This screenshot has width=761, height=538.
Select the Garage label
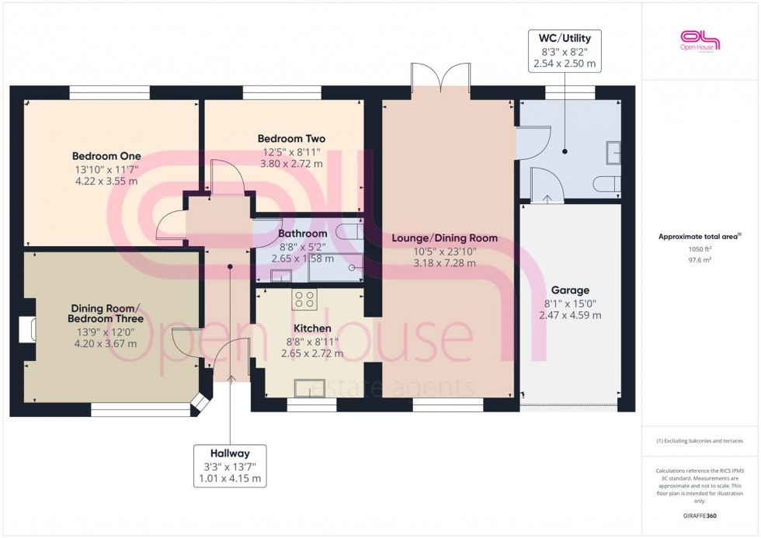point(570,290)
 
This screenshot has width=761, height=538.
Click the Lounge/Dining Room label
point(444,238)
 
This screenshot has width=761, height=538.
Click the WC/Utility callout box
point(564,51)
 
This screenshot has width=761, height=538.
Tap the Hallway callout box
point(230,466)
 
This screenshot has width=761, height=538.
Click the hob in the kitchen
point(304,298)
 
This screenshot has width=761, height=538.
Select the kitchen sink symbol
point(311,385)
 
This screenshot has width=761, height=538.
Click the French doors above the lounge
point(441,78)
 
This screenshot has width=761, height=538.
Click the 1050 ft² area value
point(700,250)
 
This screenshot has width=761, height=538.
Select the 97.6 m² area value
point(700,261)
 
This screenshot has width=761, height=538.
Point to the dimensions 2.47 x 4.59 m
point(570,315)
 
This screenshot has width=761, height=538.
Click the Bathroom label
point(302,233)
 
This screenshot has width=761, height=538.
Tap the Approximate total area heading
point(700,237)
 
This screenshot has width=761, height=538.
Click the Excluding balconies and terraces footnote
point(700,441)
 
